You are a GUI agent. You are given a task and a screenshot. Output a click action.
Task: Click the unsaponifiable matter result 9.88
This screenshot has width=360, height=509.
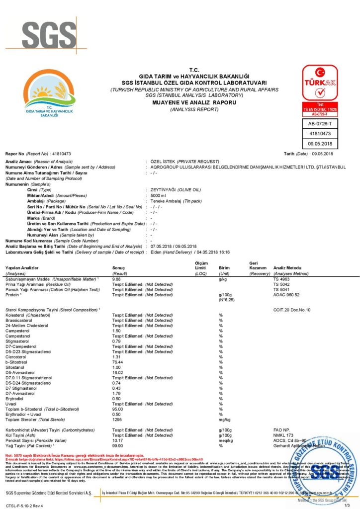(x=117, y=280)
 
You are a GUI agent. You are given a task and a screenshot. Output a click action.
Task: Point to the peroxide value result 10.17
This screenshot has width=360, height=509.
(x=118, y=440)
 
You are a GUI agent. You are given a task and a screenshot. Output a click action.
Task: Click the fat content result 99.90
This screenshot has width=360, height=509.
(x=118, y=445)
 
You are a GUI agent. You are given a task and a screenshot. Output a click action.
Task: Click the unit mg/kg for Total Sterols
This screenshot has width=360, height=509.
(x=225, y=420)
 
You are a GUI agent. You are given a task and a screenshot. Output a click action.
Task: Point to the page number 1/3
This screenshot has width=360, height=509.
(x=347, y=505)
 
